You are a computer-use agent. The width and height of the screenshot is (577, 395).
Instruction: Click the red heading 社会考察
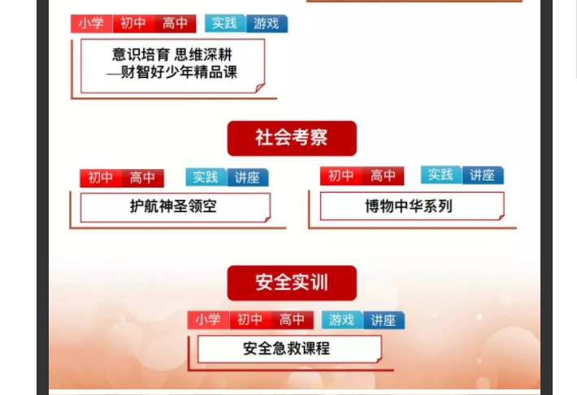(x=292, y=138)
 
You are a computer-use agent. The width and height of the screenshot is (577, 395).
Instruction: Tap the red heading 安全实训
(x=292, y=283)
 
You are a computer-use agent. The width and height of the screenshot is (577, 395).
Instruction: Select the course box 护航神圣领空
(x=176, y=207)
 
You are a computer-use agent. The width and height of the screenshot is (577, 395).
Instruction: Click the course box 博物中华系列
(x=412, y=206)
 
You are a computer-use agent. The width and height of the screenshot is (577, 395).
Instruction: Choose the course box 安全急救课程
(x=289, y=349)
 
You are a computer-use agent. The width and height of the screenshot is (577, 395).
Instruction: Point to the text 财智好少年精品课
(x=179, y=72)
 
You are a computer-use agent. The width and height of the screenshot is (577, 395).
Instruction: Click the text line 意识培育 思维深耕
(x=171, y=54)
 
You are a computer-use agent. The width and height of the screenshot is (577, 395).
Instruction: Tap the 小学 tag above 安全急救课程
(x=209, y=320)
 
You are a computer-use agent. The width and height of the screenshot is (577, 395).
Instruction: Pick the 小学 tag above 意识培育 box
(x=92, y=24)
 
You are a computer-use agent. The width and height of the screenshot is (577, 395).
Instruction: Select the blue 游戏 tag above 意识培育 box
(x=267, y=24)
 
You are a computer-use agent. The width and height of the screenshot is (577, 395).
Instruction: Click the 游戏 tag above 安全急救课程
(x=342, y=319)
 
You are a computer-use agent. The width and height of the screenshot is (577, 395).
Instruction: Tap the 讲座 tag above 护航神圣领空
(x=248, y=177)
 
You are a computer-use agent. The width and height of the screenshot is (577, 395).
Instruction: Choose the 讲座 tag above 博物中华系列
(x=483, y=175)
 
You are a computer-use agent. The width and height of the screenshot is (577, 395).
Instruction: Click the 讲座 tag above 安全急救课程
(x=384, y=320)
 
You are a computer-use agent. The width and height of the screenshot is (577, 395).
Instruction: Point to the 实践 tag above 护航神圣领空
(x=206, y=177)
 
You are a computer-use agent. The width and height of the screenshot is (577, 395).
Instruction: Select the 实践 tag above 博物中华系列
(x=441, y=175)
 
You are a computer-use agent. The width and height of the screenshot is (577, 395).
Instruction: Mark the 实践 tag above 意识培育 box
(x=225, y=24)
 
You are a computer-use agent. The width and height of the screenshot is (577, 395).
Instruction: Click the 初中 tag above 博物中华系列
(x=341, y=176)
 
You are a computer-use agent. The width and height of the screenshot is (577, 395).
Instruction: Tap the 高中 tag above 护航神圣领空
(x=143, y=178)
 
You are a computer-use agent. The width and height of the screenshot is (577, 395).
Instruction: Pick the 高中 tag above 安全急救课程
(x=293, y=320)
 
